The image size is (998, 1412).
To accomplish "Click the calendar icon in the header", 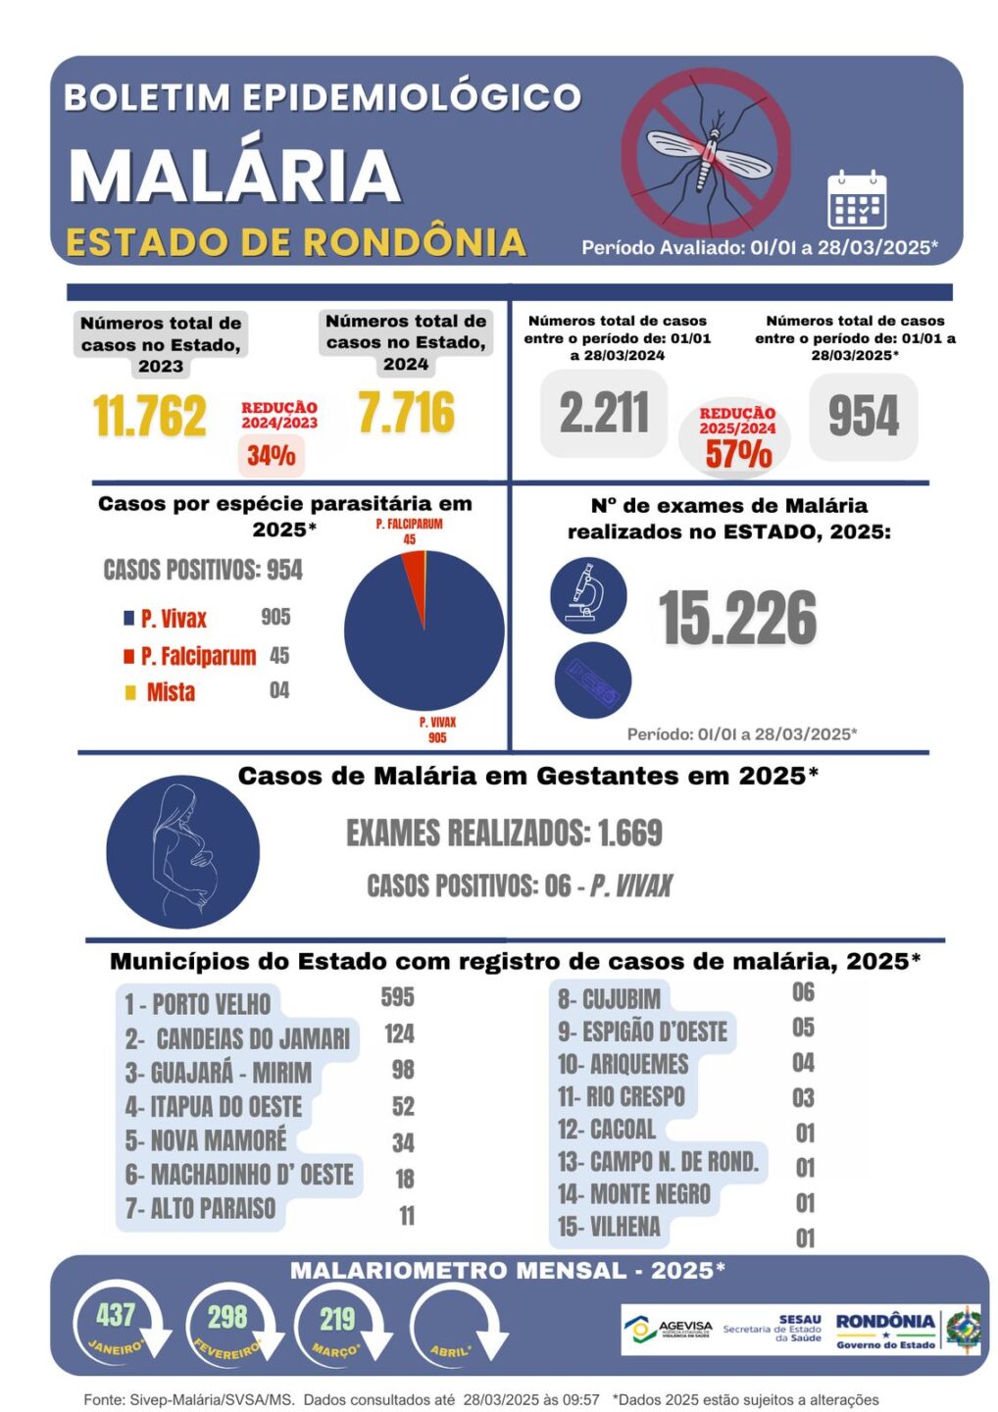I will (x=856, y=200).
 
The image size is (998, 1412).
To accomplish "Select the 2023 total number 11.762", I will (x=150, y=416).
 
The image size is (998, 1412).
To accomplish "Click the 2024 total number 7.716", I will (x=406, y=412).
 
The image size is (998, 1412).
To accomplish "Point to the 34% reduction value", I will (x=271, y=455).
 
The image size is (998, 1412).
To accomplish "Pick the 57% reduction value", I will (x=738, y=453).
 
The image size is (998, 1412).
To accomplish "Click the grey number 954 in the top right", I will (x=863, y=416).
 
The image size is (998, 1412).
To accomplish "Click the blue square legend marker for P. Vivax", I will (x=128, y=618).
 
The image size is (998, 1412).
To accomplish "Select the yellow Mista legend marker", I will (x=130, y=693).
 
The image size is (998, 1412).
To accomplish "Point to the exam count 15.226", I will (x=737, y=619).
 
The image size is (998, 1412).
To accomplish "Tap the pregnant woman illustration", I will (x=183, y=851).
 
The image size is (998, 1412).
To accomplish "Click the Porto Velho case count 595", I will (x=397, y=997).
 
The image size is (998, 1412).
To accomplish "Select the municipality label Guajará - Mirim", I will (x=218, y=1073).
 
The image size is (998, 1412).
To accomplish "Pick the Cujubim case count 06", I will (x=803, y=992).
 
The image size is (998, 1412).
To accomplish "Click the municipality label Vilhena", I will (x=609, y=1227).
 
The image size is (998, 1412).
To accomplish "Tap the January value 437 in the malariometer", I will (x=116, y=1315).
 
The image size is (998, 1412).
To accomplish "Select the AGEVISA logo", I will (x=668, y=1330).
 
